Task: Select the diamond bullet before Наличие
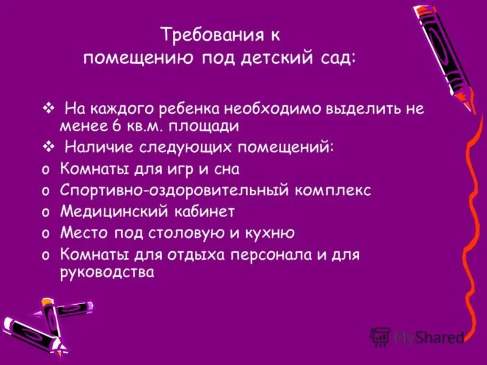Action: tap(49, 147)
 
